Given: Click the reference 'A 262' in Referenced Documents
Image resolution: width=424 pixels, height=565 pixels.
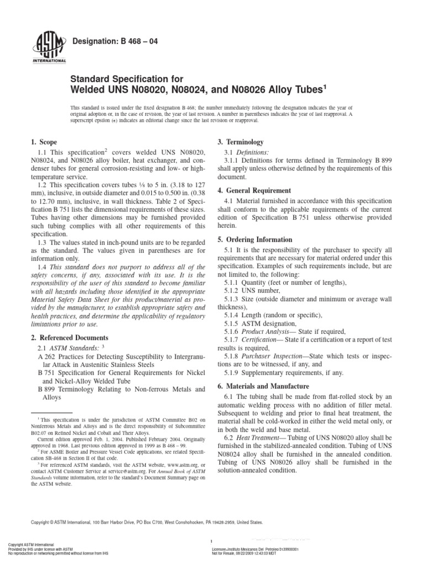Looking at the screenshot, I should pos(47,357).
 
